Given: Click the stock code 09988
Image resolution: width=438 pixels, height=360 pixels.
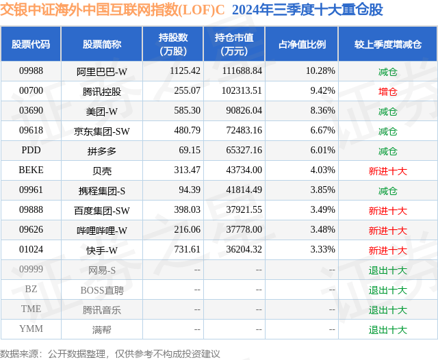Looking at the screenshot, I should [x=31, y=71].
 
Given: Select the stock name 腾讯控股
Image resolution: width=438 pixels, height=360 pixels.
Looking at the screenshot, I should [x=102, y=91].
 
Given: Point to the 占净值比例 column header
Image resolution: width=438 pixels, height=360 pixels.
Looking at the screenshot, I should [x=302, y=44].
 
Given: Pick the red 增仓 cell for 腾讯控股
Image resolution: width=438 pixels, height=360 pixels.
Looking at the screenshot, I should [x=387, y=91].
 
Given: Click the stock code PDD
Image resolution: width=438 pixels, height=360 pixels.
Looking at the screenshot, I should [x=31, y=151].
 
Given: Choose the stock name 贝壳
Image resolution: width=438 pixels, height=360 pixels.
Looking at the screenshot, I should [x=102, y=170].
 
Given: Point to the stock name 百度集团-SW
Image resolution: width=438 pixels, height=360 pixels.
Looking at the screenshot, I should [x=102, y=210].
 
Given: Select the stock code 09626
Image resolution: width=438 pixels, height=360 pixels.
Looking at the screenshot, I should [x=31, y=230].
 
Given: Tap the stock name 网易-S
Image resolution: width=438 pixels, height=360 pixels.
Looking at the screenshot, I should [x=102, y=270].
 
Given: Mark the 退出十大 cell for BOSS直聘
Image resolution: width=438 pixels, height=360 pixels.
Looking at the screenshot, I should [x=387, y=290].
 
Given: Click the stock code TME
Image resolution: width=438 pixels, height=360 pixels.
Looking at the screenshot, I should [x=31, y=309].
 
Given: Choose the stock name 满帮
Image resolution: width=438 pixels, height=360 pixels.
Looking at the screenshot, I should [x=102, y=329].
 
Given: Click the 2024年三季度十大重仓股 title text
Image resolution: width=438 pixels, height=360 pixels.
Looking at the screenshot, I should [x=307, y=10].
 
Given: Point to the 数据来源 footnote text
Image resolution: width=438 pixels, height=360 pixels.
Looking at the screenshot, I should [x=109, y=353].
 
